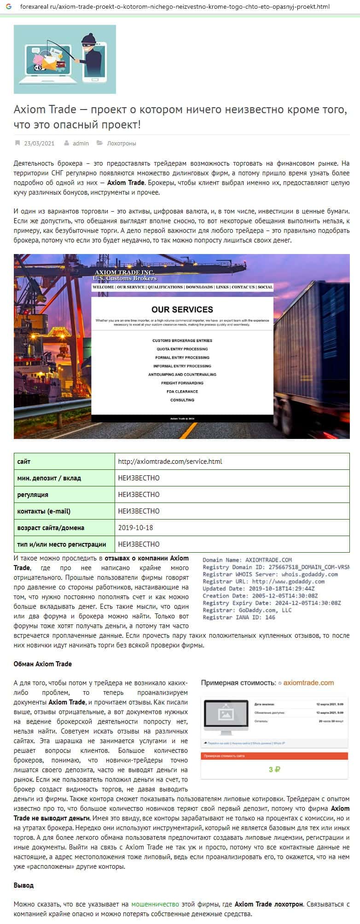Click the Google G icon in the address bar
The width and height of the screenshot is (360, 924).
pyautogui.click(x=8, y=7)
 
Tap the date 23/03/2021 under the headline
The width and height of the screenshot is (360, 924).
pyautogui.click(x=39, y=144)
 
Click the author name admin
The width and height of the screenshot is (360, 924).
pyautogui.click(x=81, y=144)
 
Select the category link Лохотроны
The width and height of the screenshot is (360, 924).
pyautogui.click(x=121, y=144)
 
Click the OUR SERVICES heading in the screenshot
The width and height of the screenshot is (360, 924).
pyautogui.click(x=182, y=310)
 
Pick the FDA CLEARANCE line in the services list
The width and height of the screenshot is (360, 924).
pyautogui.click(x=182, y=392)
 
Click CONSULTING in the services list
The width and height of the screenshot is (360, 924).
pyautogui.click(x=182, y=400)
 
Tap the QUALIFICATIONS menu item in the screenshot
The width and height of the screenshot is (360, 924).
pyautogui.click(x=165, y=287)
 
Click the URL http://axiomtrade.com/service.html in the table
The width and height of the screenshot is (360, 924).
pyautogui.click(x=170, y=462)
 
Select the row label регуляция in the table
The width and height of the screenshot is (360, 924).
pyautogui.click(x=33, y=495)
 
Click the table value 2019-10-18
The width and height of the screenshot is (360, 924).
pyautogui.click(x=135, y=528)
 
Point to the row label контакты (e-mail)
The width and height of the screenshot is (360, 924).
pyautogui.click(x=44, y=511)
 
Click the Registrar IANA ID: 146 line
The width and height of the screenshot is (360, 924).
pyautogui.click(x=239, y=618)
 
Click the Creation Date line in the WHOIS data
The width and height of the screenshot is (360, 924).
pyautogui.click(x=260, y=596)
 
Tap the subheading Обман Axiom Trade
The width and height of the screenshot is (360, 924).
pyautogui.click(x=43, y=664)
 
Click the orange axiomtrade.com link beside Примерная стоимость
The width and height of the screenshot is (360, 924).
pyautogui.click(x=308, y=683)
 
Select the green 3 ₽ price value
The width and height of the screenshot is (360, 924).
pyautogui.click(x=274, y=769)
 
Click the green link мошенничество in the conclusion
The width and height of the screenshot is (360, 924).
pyautogui.click(x=155, y=904)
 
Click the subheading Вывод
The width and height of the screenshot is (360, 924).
pyautogui.click(x=23, y=885)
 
